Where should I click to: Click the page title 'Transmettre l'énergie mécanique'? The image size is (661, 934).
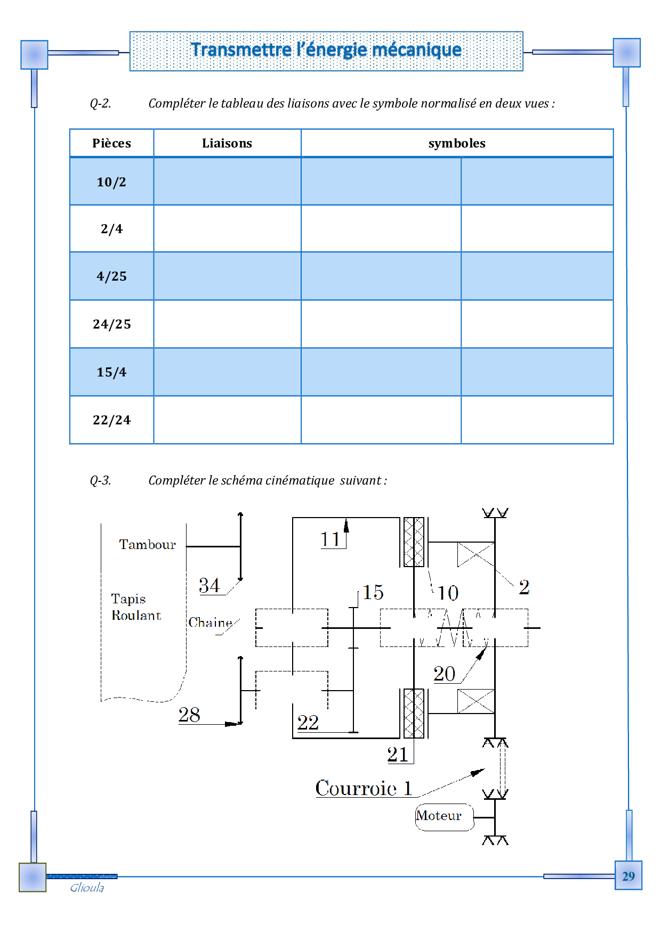326,50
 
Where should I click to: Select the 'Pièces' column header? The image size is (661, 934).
111,143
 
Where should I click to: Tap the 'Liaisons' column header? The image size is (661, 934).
227,143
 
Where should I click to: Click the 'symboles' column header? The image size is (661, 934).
457,143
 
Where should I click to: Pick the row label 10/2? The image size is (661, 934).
111,182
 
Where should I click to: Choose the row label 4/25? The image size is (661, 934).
111,276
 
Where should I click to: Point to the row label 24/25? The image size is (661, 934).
111,324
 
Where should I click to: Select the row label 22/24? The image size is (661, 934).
111,420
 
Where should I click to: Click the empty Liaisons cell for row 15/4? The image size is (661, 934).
227,372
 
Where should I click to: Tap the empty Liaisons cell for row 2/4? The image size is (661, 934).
227,229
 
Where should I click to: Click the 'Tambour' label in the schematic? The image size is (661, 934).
147,545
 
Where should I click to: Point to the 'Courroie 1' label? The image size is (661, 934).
364,788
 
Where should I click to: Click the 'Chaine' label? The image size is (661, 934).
210,622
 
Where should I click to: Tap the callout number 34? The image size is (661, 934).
209,586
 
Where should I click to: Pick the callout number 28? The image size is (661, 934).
189,715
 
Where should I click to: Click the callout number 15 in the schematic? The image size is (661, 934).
373,593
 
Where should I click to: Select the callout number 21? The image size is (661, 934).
398,755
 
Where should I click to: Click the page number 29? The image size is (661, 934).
628,876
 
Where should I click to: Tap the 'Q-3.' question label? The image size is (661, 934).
100,480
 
